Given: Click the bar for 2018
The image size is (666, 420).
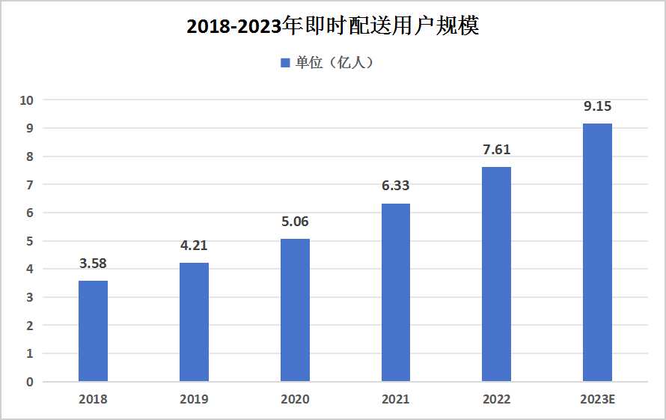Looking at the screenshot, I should tap(93, 331).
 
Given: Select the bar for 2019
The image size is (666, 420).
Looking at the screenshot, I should tap(194, 322).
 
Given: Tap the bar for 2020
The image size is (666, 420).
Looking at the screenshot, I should tap(295, 310).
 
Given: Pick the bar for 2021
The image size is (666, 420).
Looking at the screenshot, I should tap(395, 292).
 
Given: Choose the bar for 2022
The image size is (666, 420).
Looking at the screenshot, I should tap(496, 274).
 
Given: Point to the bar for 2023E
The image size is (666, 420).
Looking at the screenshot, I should tap(597, 252).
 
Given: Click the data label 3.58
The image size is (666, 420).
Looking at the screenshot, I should tap(93, 264).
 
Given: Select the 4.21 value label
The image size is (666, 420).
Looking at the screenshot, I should tap(194, 246).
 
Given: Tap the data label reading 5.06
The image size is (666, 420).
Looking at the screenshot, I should tap(295, 222).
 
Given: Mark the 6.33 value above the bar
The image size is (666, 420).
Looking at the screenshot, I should tap(395, 186).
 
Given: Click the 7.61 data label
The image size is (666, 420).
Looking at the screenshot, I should tap(496, 150).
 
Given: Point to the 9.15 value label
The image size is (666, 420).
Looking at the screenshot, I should tap(597, 106).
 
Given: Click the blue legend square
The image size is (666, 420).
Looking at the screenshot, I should tap(285, 63).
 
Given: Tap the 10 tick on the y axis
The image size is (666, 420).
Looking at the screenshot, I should tap(27, 100).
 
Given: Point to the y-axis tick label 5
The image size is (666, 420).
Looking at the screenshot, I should tap(30, 241).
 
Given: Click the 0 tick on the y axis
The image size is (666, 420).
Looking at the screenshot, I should tap(30, 382).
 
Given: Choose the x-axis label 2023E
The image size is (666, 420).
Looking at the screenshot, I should tap(597, 400).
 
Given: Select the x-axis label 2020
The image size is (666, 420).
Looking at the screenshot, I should tap(295, 400).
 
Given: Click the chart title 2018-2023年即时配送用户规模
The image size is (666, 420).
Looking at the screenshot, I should tap(332, 26).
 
